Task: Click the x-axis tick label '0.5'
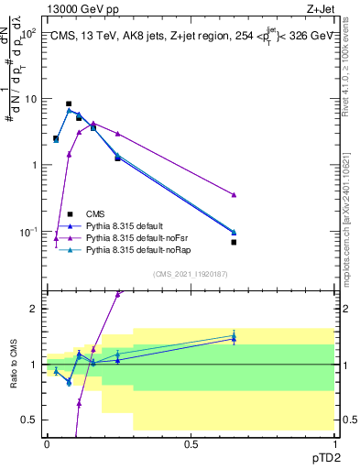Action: [x=191, y=444]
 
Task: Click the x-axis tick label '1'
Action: [x=333, y=444]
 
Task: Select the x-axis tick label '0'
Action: [x=47, y=444]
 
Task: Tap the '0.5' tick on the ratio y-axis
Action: [x=29, y=420]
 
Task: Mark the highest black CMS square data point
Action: [x=69, y=104]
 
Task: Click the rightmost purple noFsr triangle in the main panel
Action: [x=235, y=195]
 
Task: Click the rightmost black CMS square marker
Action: [x=235, y=243]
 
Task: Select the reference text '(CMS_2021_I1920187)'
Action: [x=190, y=273]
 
